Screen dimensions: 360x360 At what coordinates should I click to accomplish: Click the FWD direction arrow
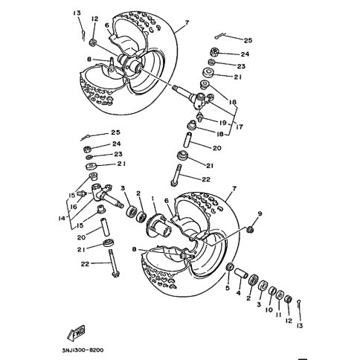click(x=76, y=332)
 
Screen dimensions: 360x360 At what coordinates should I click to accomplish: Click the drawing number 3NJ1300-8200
click(x=83, y=350)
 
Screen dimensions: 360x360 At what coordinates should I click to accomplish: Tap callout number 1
click(x=153, y=199)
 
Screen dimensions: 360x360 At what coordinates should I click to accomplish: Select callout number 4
click(x=238, y=293)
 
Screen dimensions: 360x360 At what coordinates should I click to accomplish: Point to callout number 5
click(x=228, y=288)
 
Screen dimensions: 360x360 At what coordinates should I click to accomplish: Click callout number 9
click(x=260, y=213)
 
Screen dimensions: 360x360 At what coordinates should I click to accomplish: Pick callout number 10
click(x=269, y=309)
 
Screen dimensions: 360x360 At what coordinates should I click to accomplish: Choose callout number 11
click(x=279, y=315)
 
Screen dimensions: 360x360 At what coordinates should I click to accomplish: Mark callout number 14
click(x=61, y=218)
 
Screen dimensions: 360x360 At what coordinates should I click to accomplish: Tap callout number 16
click(x=74, y=206)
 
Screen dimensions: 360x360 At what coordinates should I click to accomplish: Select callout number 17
click(x=239, y=127)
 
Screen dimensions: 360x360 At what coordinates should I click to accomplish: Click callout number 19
click(x=223, y=123)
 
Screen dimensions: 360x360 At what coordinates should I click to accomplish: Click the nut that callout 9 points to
click(x=251, y=230)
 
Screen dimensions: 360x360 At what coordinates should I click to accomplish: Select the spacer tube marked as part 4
click(x=242, y=274)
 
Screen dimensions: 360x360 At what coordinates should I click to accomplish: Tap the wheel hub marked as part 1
click(x=158, y=225)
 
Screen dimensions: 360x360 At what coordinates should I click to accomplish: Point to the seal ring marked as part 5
click(x=230, y=267)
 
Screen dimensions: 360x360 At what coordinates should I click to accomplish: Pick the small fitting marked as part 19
click(x=200, y=116)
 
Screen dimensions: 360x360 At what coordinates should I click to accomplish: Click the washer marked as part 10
click(x=272, y=292)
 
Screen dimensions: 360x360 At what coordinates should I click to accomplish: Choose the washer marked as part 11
click(x=280, y=295)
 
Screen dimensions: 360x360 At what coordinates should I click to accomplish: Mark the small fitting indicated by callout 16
click(x=82, y=193)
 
